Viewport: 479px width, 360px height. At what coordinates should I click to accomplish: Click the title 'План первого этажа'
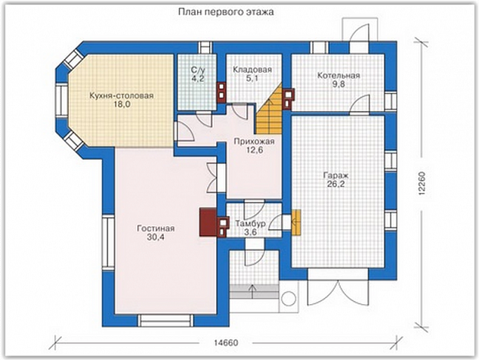pos(226,12)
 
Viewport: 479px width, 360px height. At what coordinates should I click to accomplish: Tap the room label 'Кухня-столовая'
pos(122,96)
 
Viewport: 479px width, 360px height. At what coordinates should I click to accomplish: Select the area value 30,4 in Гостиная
pos(156,237)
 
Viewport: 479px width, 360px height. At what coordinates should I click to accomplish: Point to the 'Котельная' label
pos(338,76)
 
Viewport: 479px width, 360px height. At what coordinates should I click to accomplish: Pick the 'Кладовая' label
pos(252,70)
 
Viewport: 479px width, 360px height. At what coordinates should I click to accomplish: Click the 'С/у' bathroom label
pos(198,70)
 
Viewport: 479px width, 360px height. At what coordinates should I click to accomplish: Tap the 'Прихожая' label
pos(254,141)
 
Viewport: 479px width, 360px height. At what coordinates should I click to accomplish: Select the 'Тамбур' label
pos(250,224)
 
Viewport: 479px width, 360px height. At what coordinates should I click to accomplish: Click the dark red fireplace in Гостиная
pos(209,222)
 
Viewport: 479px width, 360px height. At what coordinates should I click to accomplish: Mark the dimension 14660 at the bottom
pos(226,343)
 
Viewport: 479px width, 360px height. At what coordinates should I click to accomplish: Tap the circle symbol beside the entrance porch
pos(288,298)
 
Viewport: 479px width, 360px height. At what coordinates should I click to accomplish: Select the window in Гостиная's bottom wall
pos(166,321)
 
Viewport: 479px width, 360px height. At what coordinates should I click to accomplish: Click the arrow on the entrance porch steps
pos(252,291)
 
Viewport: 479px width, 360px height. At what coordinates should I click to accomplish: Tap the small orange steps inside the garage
pos(296,222)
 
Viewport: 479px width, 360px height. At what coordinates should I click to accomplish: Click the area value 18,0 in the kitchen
pos(122,104)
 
